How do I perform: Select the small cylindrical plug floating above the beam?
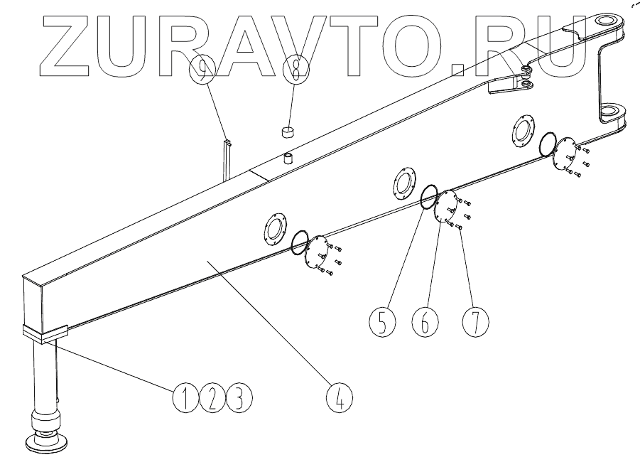(x=287, y=132)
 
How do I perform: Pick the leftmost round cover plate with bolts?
(x=317, y=252)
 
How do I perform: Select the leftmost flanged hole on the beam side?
(x=273, y=227)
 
